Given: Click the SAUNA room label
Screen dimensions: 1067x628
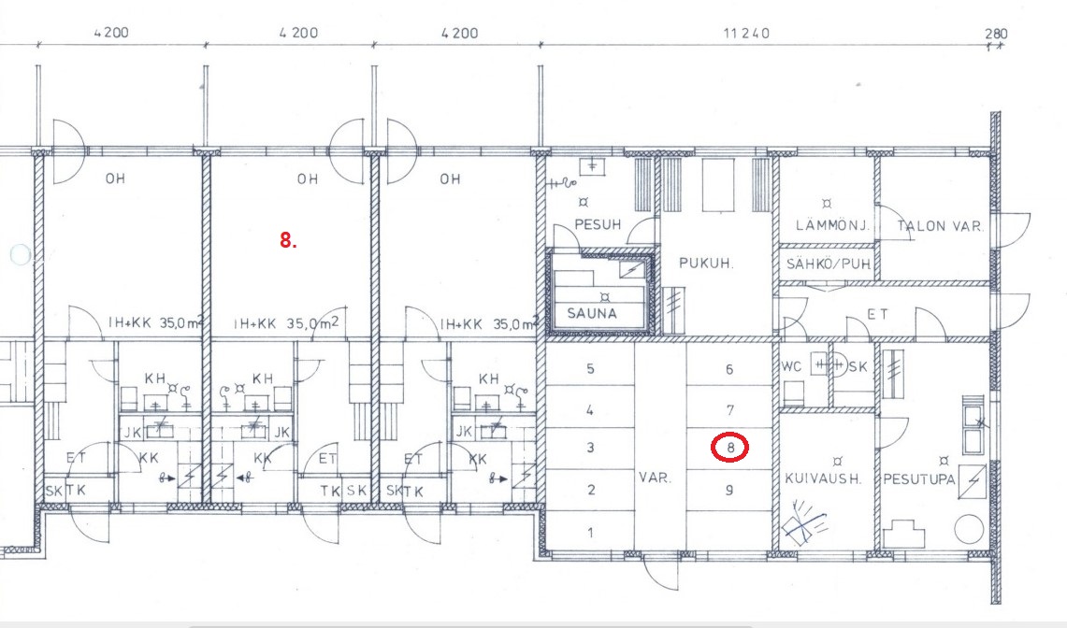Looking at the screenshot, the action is (x=592, y=314).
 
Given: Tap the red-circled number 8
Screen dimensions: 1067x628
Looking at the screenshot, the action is (x=730, y=448).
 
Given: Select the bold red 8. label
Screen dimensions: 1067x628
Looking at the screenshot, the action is (x=289, y=239).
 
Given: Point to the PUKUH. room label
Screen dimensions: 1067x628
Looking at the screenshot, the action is (x=706, y=263).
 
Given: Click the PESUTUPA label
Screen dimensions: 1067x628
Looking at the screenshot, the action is (x=919, y=479).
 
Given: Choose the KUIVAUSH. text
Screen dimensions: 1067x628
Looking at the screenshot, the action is (x=823, y=478).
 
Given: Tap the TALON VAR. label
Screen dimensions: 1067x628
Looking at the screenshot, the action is (x=941, y=226).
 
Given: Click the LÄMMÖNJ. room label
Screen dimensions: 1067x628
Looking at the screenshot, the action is (x=833, y=224).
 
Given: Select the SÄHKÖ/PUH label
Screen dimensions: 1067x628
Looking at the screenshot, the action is (x=829, y=264).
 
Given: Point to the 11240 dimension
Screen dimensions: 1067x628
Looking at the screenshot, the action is (x=746, y=33).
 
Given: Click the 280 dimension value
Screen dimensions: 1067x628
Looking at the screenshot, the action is (x=996, y=33).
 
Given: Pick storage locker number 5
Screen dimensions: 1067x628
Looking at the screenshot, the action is (x=590, y=369).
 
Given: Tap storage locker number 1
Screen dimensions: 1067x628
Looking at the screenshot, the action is (x=590, y=532).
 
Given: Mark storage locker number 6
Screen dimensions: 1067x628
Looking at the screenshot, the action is (x=729, y=369).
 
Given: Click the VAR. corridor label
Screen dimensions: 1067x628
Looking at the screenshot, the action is (x=655, y=478).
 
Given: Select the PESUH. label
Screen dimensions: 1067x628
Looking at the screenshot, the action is (x=598, y=224).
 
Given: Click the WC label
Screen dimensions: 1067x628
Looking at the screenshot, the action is (x=791, y=366).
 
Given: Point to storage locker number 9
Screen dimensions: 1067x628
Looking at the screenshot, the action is (x=729, y=490).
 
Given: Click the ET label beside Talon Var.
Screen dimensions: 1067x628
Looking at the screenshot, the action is (x=878, y=314).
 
